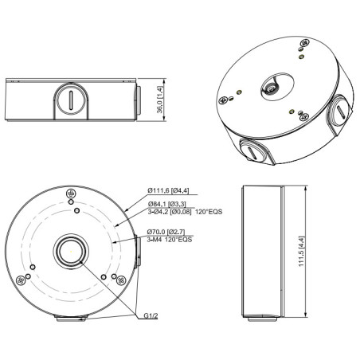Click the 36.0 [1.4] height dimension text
point(160,101)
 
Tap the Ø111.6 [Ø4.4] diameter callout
point(173,191)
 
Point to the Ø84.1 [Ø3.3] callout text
point(170,203)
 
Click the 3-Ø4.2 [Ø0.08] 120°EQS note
point(186,213)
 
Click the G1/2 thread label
point(149,315)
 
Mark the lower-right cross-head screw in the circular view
point(121,279)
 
